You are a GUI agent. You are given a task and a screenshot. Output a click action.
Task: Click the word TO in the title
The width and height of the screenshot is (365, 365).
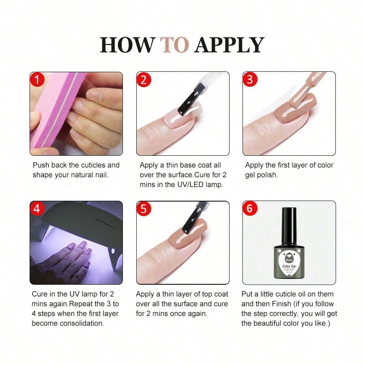point(174,45)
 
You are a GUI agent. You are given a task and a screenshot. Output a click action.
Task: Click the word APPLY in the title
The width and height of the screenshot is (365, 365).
point(229,45)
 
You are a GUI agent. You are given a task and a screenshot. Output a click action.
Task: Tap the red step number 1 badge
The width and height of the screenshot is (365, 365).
point(37,79)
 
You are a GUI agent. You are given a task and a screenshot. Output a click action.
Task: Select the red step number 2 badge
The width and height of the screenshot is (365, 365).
point(144,79)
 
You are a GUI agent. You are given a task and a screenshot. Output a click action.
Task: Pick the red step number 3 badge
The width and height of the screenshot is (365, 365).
point(250,79)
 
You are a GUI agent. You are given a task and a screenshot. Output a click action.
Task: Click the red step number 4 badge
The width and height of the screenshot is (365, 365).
point(37,208)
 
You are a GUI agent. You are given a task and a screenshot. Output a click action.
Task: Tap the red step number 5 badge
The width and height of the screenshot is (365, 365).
point(144,208)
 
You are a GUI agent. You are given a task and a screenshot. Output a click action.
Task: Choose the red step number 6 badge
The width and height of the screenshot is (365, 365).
point(250,208)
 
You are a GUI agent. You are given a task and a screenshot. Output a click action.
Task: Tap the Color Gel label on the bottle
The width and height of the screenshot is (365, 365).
point(289,266)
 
